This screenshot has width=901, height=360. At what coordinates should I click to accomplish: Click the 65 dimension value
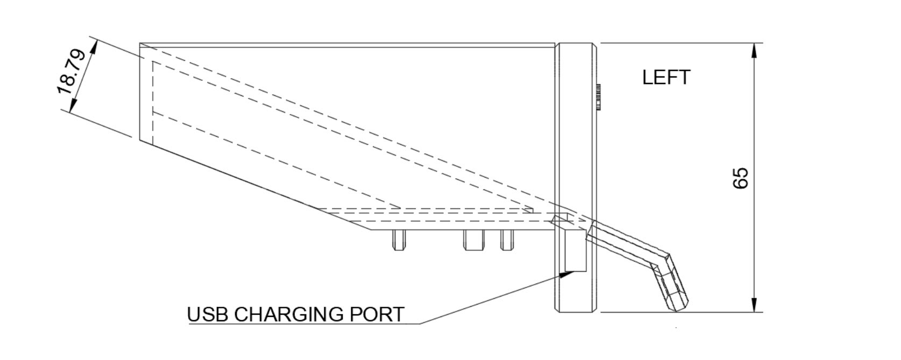pos(741,178)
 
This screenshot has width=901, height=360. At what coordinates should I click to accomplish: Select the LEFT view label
pos(665,77)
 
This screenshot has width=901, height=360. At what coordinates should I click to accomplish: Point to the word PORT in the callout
pos(377,314)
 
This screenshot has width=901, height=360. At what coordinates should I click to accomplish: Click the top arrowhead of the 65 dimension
pos(754,51)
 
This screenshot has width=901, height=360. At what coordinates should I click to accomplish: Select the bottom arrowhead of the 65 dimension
pos(754,305)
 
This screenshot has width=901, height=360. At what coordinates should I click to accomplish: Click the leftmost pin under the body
pos(398,240)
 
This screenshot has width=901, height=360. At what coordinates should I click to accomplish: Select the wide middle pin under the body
pos(473,240)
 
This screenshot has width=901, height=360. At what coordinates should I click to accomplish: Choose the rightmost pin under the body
pos(506,240)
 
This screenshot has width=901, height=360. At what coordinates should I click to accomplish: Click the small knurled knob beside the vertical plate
pos(598,97)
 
